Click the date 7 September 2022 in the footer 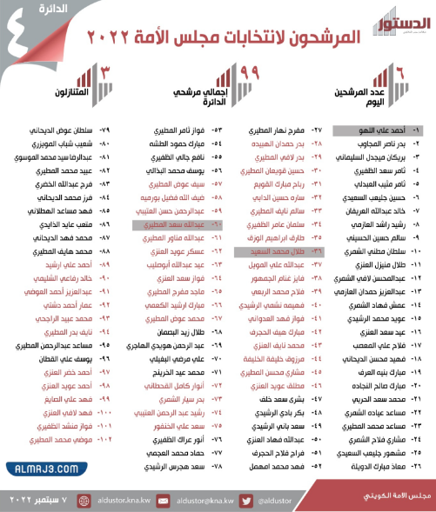[41, 501]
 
